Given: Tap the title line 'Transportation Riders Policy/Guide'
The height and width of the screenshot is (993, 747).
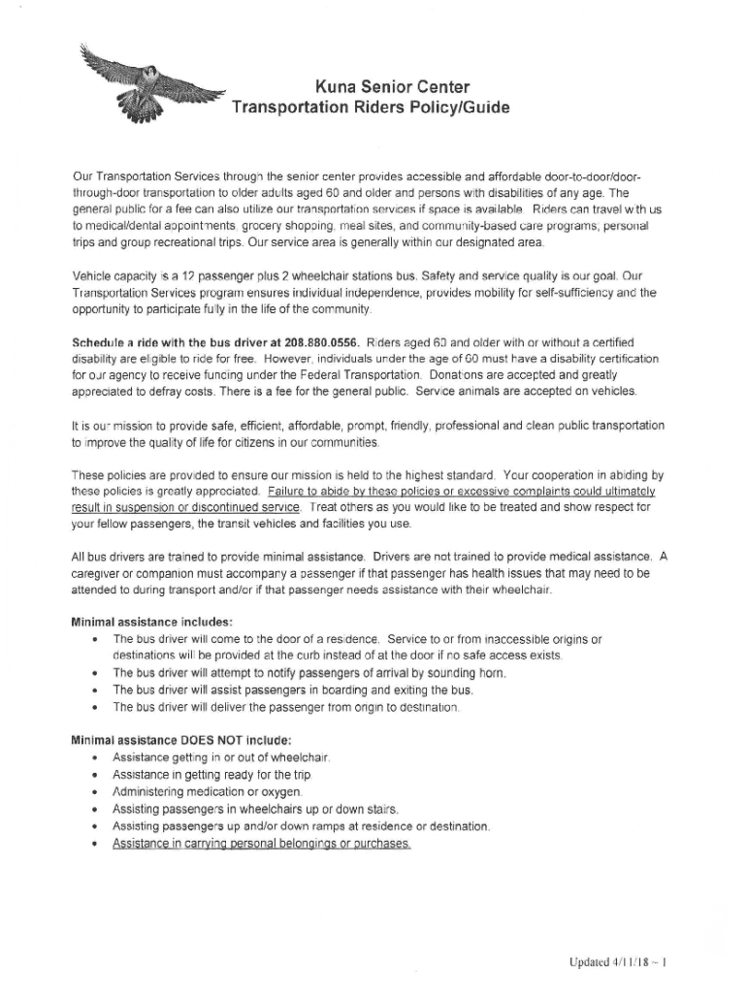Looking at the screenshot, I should [x=371, y=107].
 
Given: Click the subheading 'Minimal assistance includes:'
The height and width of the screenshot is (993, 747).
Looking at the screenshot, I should [x=152, y=622].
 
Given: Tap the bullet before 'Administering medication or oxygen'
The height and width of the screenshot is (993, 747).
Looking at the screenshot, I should [x=92, y=792].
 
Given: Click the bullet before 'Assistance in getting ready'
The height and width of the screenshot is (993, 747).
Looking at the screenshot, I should [x=92, y=775].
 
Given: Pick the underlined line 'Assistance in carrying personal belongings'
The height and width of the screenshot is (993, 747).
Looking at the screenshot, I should [x=262, y=844].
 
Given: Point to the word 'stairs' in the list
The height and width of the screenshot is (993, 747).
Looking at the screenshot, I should [x=381, y=810].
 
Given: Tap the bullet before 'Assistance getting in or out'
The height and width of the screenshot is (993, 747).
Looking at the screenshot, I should [x=92, y=757].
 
